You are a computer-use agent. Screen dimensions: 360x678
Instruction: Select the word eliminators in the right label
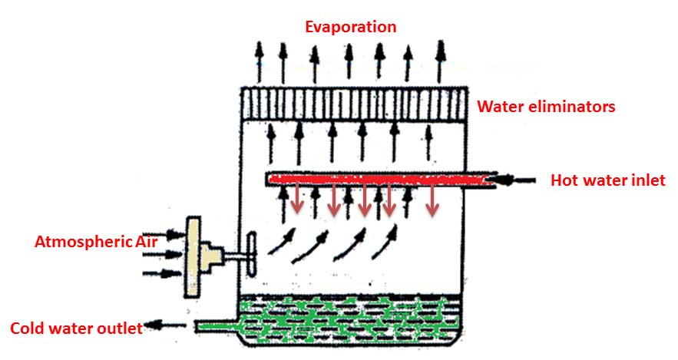569,107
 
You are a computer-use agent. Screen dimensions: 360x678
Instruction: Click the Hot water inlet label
607,181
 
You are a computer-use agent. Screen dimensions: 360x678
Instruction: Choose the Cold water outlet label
76,329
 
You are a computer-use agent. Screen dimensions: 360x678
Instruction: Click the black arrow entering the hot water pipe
518,180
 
